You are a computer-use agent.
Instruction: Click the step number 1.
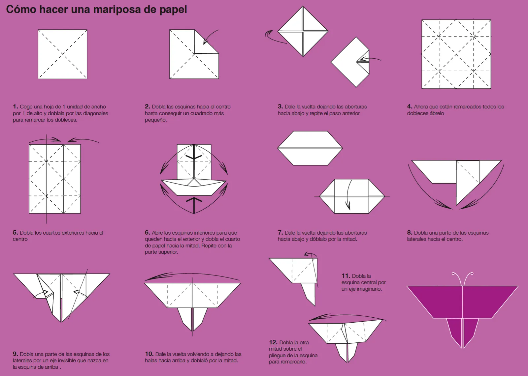(15, 106)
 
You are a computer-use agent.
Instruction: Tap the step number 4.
(409, 106)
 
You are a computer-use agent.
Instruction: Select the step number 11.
(346, 276)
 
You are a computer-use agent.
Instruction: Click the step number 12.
(273, 342)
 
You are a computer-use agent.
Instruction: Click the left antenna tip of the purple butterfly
(453, 274)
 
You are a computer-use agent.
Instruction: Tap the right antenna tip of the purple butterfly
(472, 274)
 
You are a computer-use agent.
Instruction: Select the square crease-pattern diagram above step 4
(456, 54)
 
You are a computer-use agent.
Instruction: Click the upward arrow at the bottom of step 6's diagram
(194, 205)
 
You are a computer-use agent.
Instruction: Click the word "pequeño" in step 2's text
(156, 120)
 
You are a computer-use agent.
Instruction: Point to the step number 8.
(409, 233)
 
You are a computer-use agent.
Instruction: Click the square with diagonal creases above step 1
(62, 54)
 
